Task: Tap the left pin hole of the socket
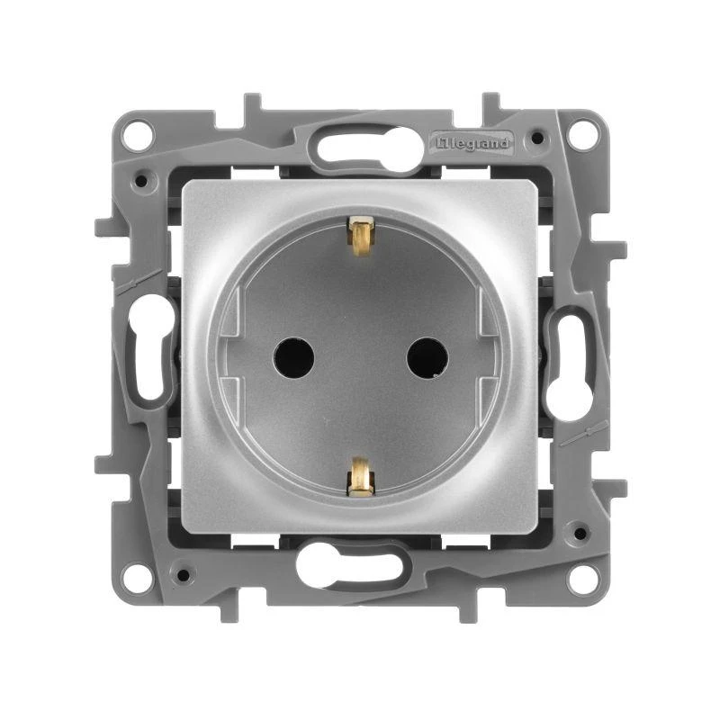(x=292, y=358)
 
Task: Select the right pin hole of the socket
(x=427, y=358)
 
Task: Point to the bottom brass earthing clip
(x=360, y=476)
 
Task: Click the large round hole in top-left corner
(x=137, y=136)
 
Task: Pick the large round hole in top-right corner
(x=582, y=136)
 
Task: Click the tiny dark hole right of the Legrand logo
(x=537, y=139)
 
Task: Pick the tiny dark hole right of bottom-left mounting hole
(x=183, y=572)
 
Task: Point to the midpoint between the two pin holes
(x=360, y=358)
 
